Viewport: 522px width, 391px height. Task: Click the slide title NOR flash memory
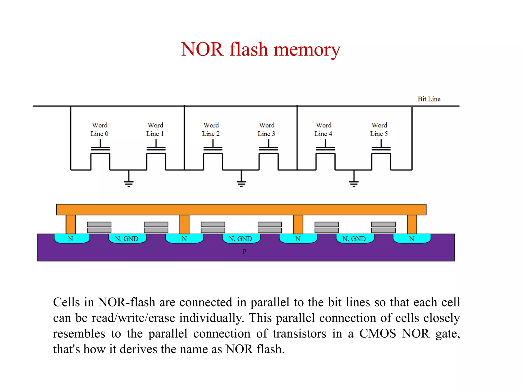pyautogui.click(x=260, y=49)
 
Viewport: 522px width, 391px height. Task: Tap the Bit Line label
pyautogui.click(x=429, y=99)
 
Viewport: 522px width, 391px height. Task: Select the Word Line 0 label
pyautogui.click(x=99, y=129)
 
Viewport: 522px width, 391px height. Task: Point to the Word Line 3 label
pyautogui.click(x=266, y=129)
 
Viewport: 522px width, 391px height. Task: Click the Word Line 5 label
pyautogui.click(x=379, y=129)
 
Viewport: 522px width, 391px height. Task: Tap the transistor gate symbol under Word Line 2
pyautogui.click(x=213, y=149)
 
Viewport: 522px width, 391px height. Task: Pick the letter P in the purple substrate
pyautogui.click(x=244, y=252)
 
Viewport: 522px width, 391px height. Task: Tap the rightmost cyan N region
pyautogui.click(x=412, y=239)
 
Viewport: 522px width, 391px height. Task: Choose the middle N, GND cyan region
pyautogui.click(x=241, y=239)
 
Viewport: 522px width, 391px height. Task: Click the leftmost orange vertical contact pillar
pyautogui.click(x=71, y=224)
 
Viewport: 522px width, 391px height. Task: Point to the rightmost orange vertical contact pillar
pyautogui.click(x=412, y=224)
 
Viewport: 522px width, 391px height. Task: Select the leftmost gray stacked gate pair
pyautogui.click(x=99, y=227)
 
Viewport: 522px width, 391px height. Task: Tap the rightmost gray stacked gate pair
pyautogui.click(x=383, y=227)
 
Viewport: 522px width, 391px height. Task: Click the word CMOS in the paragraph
pyautogui.click(x=377, y=333)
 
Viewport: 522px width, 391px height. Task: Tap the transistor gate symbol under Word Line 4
pyautogui.click(x=325, y=149)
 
